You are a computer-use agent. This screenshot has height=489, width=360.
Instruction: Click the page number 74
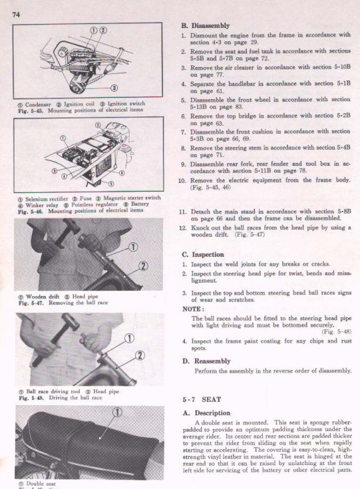[x=16, y=15]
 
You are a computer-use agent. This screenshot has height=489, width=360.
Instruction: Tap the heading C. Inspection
[x=203, y=254]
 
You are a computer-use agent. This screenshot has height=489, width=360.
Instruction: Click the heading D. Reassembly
[x=206, y=361]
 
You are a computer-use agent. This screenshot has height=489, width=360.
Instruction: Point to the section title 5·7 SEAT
[x=202, y=399]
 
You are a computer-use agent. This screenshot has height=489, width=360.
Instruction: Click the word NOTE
[x=193, y=309]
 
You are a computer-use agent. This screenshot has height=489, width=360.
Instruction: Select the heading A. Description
[x=206, y=413]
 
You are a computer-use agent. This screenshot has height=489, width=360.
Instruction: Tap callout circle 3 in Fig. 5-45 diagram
[x=114, y=88]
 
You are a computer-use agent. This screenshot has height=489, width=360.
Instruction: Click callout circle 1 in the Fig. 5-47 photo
[x=133, y=247]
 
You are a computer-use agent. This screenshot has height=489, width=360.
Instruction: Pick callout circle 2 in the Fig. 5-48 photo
[x=140, y=355]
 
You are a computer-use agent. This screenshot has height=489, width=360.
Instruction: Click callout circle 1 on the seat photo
[x=117, y=412]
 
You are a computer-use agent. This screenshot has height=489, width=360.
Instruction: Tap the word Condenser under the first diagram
[x=38, y=105]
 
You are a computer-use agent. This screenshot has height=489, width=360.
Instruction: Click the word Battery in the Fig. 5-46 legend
[x=140, y=204]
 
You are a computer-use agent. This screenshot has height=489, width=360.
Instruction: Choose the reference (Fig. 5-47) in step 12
[x=250, y=234]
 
